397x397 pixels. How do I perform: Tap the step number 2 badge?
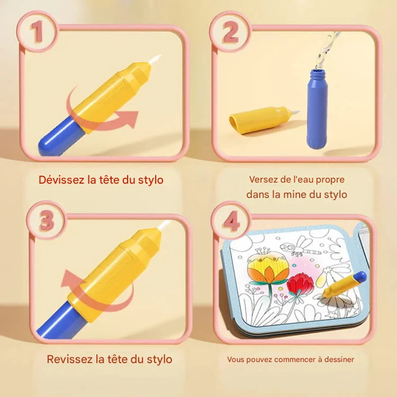(230, 33)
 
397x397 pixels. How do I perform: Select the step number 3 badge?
(47, 221)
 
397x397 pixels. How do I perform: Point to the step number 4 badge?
(231, 221)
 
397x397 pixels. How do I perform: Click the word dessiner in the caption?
(337, 359)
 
